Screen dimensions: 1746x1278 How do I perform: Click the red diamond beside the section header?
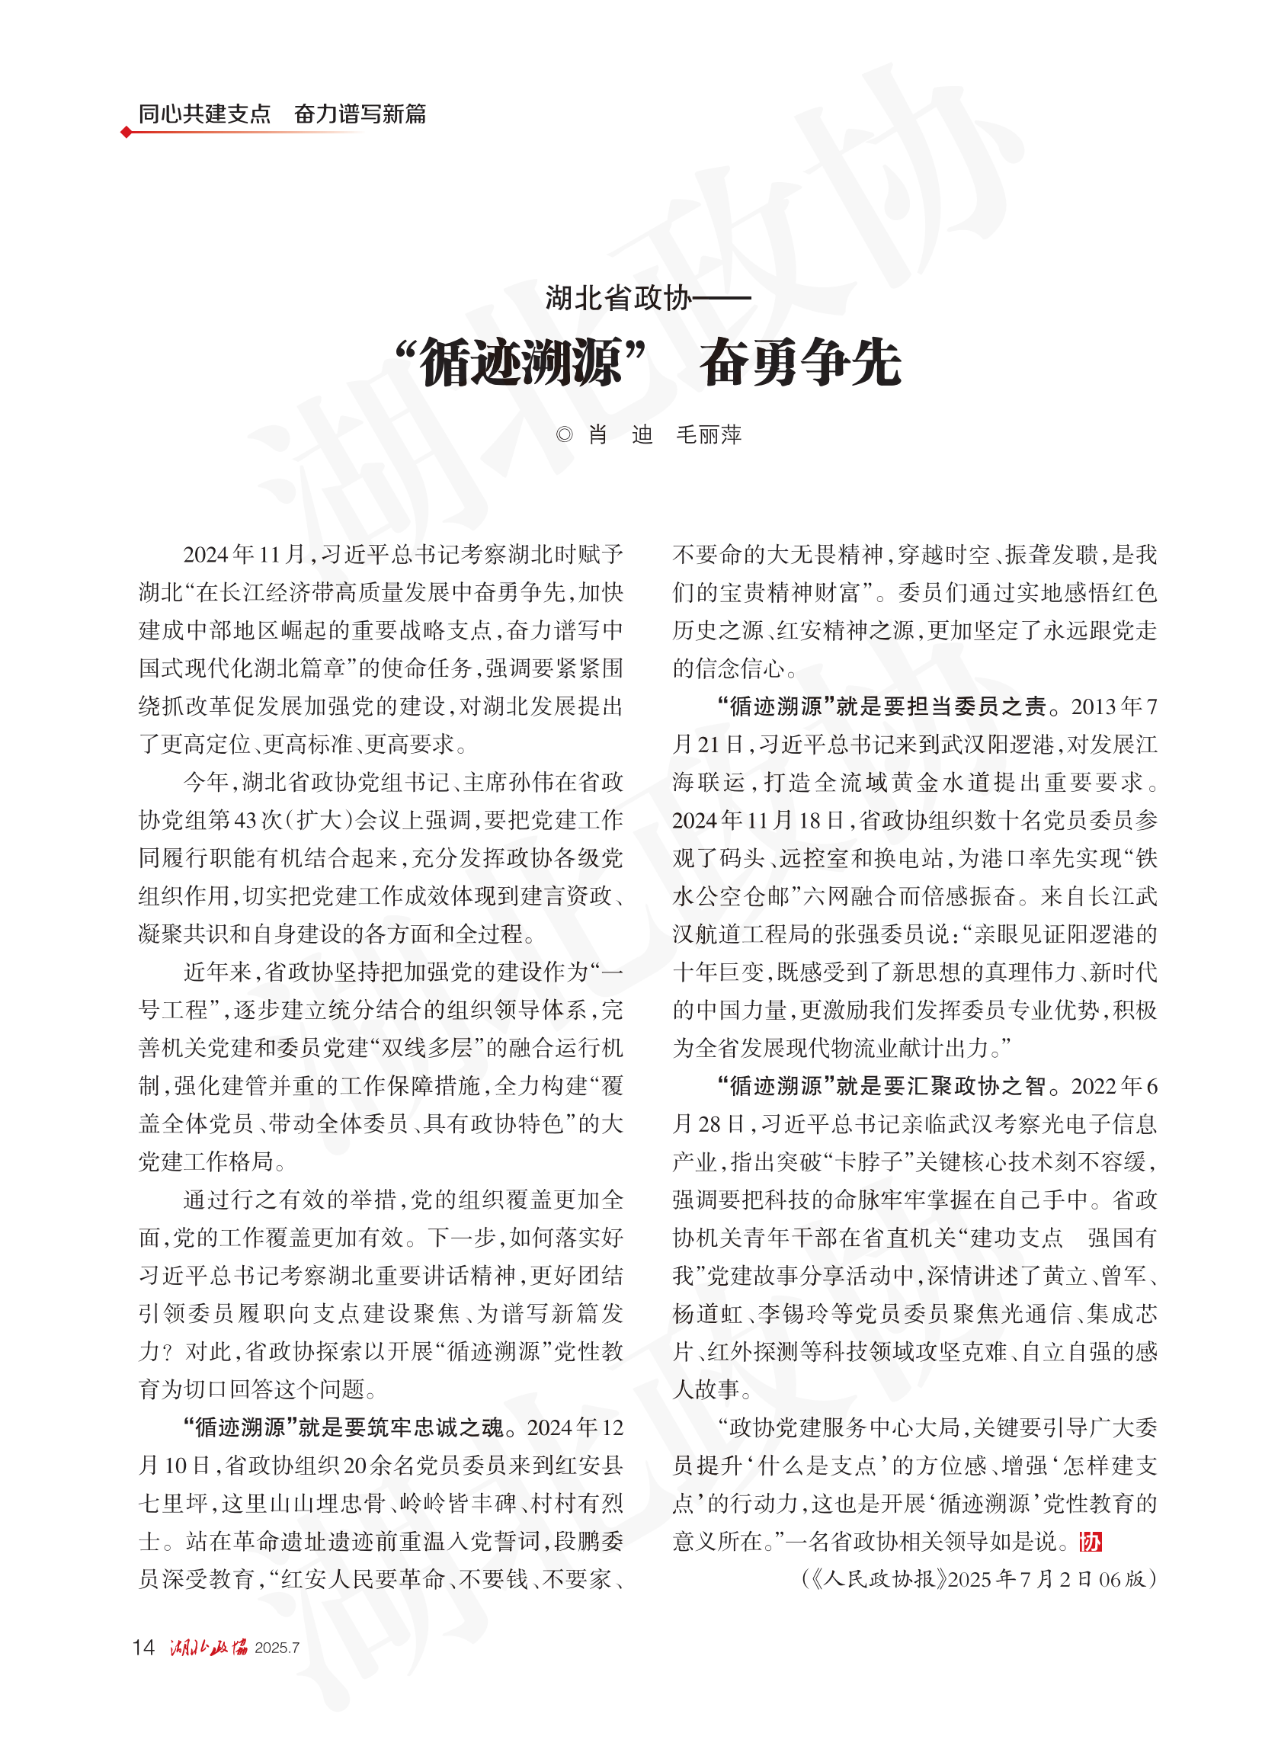click(x=126, y=133)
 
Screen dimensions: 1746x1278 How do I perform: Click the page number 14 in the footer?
click(x=144, y=1647)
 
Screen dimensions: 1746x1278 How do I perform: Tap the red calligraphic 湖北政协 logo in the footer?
click(x=209, y=1647)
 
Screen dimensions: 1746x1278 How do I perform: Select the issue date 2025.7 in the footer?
click(x=277, y=1648)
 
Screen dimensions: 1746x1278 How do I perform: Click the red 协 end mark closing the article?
click(x=1091, y=1542)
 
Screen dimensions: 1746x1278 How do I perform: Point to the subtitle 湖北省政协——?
click(x=648, y=298)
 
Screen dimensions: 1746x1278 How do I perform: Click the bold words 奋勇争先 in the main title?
click(x=800, y=363)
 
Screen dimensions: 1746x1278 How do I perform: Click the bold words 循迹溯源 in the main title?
click(x=520, y=363)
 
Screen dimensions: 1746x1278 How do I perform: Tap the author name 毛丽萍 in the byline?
click(x=709, y=434)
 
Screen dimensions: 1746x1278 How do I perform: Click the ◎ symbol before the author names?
click(x=564, y=434)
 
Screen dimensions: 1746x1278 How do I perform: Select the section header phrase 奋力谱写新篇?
click(x=360, y=114)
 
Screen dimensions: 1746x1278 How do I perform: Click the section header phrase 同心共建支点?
click(x=204, y=114)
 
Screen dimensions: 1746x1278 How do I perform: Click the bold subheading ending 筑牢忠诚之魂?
click(x=349, y=1427)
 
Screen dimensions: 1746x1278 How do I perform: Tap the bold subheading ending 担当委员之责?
click(x=882, y=706)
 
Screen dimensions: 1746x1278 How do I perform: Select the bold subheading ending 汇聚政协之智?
click(x=882, y=1086)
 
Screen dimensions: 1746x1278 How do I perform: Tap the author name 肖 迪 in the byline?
click(x=620, y=434)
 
